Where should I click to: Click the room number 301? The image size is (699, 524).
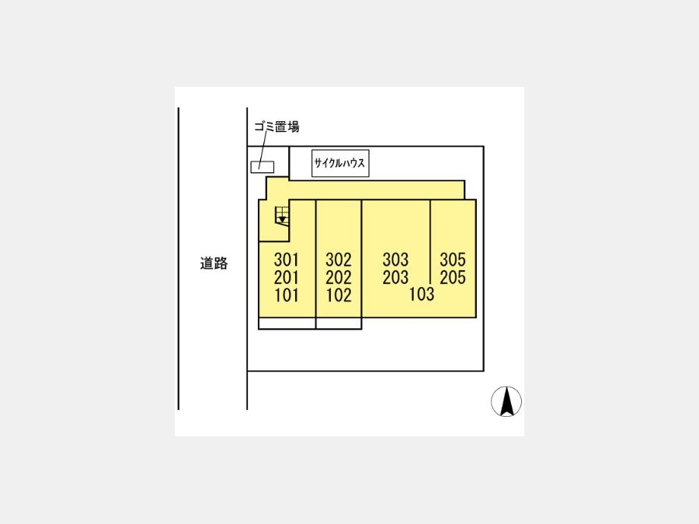(286, 259)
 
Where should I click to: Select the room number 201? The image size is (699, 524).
(286, 277)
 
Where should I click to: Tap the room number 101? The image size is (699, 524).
(286, 295)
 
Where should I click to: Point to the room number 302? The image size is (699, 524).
(339, 259)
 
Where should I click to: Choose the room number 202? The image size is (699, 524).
(339, 277)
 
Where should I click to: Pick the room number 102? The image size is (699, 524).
(339, 295)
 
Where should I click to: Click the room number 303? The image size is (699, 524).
(395, 259)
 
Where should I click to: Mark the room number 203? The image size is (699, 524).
(395, 277)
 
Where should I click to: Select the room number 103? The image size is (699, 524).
(422, 294)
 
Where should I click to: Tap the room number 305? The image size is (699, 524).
(453, 259)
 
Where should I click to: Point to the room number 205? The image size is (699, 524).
(453, 277)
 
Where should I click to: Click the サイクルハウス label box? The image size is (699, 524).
(340, 163)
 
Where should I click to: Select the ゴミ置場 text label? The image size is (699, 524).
(276, 127)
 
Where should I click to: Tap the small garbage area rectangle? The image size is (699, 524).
(263, 167)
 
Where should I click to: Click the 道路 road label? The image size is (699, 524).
(214, 263)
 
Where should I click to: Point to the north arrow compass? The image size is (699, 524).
(506, 401)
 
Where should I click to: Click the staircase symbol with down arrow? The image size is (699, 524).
(282, 215)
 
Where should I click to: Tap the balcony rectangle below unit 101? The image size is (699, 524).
(287, 324)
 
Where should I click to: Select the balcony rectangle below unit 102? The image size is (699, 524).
(339, 324)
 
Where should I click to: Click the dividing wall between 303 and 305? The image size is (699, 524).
(430, 242)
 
